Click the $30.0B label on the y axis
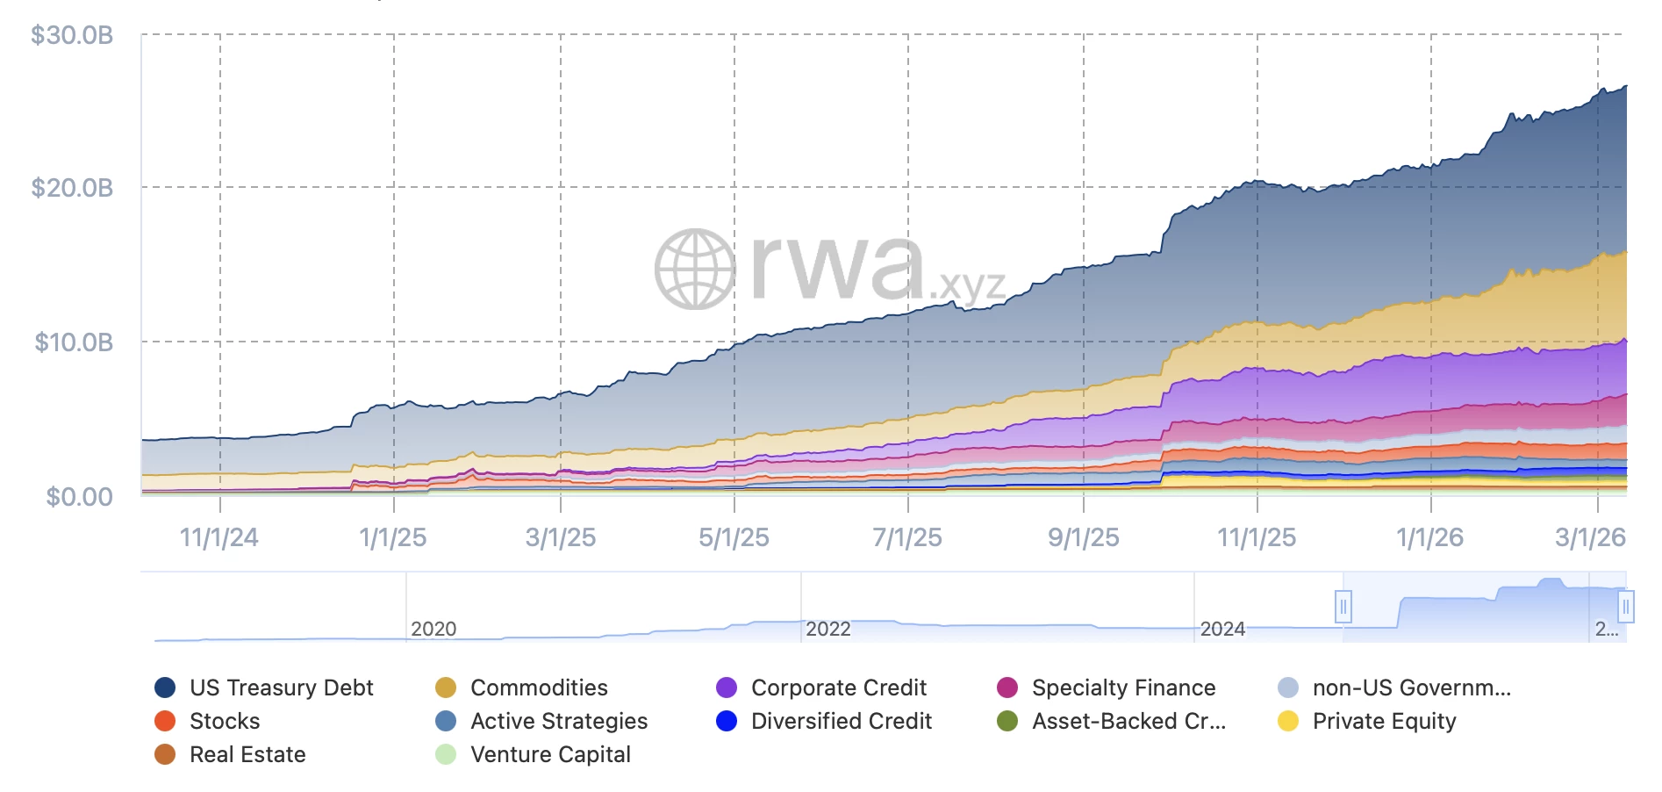pyautogui.click(x=72, y=35)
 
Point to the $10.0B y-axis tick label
pyautogui.click(x=74, y=342)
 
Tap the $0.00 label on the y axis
pyautogui.click(x=79, y=497)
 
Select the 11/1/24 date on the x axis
pyautogui.click(x=218, y=537)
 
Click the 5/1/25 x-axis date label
pyautogui.click(x=734, y=537)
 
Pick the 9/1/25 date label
pyautogui.click(x=1083, y=537)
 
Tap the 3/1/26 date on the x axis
pyautogui.click(x=1590, y=537)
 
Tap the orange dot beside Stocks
pyautogui.click(x=165, y=721)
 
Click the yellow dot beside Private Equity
pyautogui.click(x=1288, y=721)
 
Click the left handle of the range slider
pyautogui.click(x=1343, y=607)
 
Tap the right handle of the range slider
pyautogui.click(x=1626, y=607)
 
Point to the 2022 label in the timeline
pyautogui.click(x=828, y=629)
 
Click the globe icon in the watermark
pyautogui.click(x=695, y=270)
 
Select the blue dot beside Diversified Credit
pyautogui.click(x=727, y=721)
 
